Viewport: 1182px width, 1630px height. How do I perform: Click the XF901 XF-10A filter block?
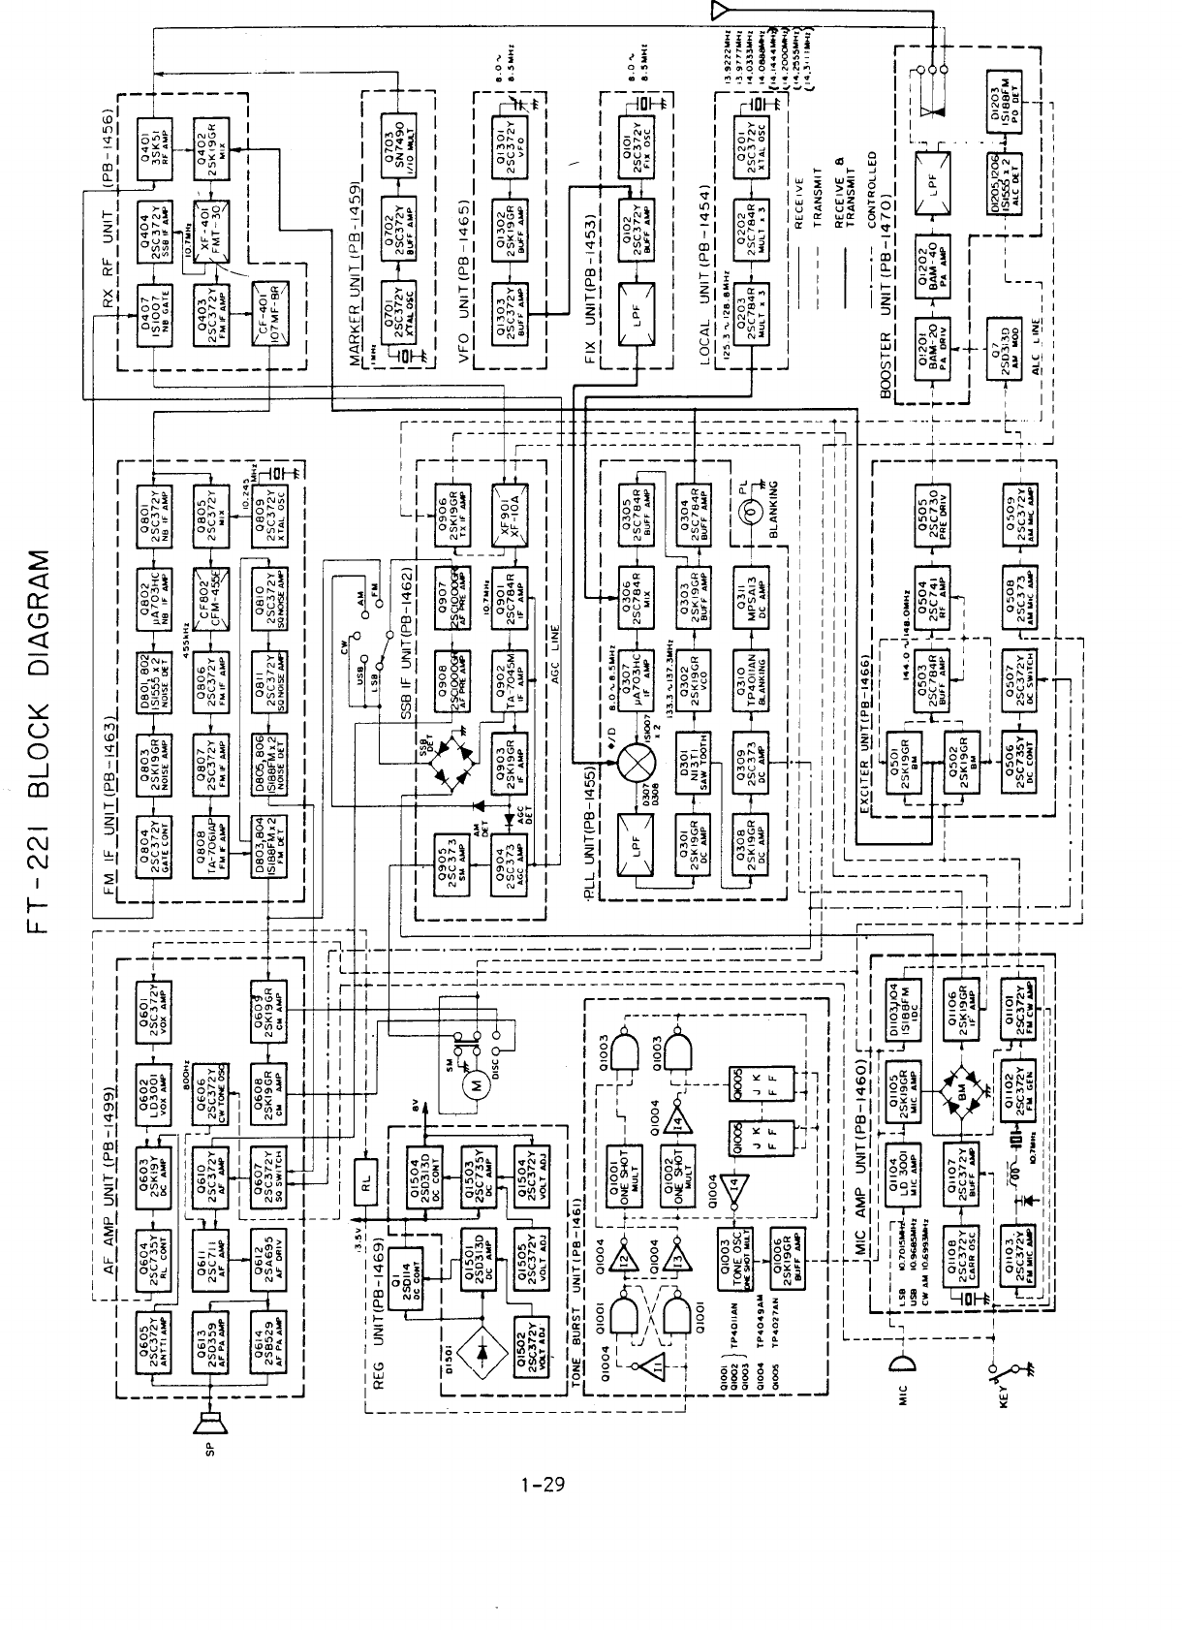click(x=508, y=505)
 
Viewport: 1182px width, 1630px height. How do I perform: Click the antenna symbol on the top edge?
click(x=718, y=12)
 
